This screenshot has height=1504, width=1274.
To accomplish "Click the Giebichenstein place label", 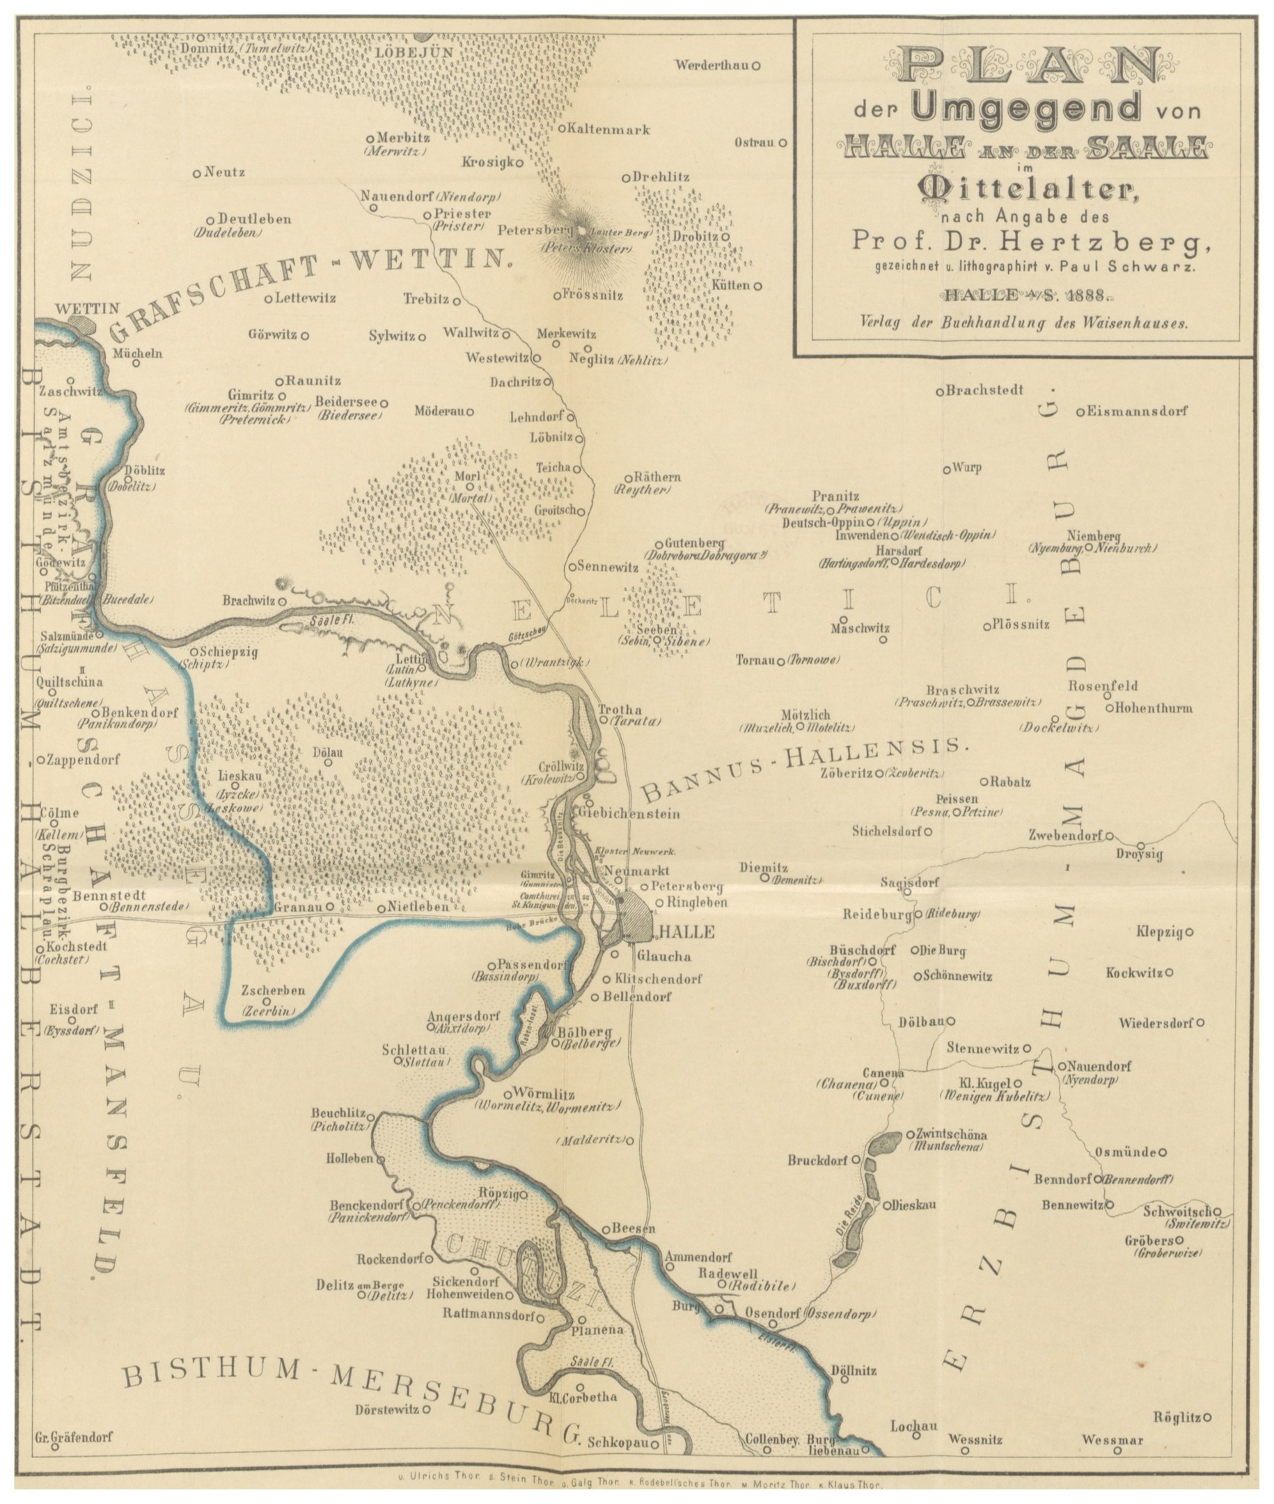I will [630, 813].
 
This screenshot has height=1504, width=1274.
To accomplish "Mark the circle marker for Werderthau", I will [756, 65].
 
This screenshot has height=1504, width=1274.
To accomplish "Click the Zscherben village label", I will [273, 989].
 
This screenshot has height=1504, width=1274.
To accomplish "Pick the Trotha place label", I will [620, 710].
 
